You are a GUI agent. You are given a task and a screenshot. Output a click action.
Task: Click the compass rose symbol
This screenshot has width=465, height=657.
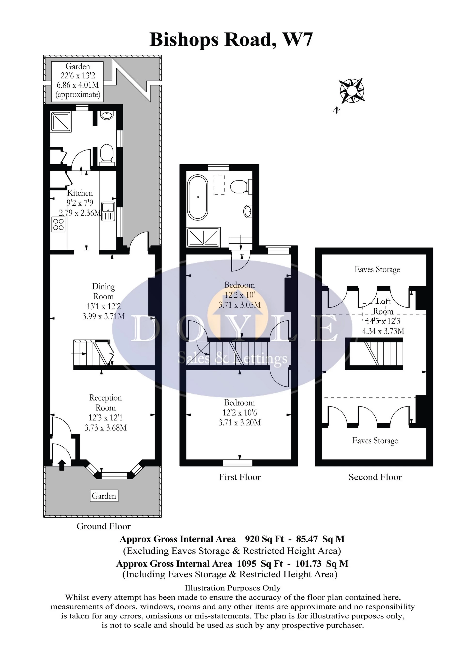click(x=352, y=91)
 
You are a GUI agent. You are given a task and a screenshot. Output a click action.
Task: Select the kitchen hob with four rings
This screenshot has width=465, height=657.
click(x=58, y=224)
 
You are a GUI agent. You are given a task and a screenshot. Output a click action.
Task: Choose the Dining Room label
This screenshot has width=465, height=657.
click(x=103, y=291)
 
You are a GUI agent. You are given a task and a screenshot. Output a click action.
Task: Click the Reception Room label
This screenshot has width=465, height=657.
click(x=105, y=403)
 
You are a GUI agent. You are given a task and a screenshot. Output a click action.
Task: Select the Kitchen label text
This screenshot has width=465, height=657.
click(x=80, y=193)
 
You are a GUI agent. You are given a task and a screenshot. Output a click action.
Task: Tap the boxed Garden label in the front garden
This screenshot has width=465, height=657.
click(x=104, y=496)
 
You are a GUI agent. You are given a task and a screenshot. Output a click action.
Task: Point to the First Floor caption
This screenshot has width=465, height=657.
click(x=240, y=477)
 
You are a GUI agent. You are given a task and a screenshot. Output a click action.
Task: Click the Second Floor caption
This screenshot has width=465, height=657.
click(x=375, y=477)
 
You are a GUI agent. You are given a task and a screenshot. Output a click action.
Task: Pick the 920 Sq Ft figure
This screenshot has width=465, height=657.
click(x=264, y=539)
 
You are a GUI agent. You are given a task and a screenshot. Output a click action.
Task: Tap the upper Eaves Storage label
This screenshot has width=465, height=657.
click(x=377, y=269)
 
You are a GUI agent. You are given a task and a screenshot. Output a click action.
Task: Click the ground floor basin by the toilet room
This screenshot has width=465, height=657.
click(x=107, y=116)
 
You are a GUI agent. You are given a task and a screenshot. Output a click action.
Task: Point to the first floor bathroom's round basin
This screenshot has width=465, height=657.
click(x=248, y=211)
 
